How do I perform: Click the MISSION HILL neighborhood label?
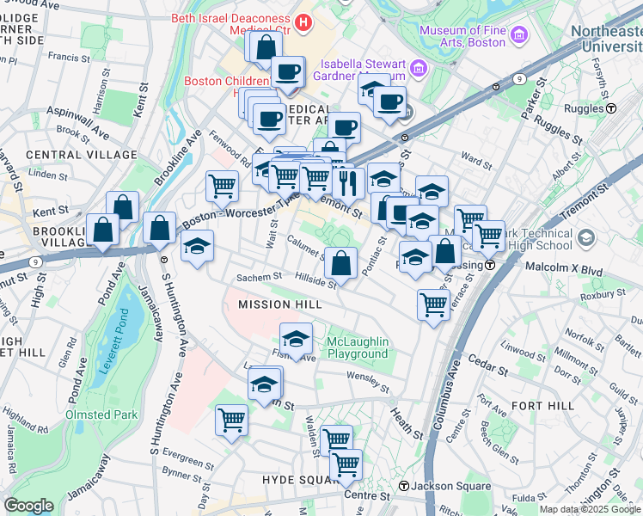[267, 304]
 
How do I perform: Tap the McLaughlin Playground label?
[358, 348]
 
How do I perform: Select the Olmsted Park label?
[100, 415]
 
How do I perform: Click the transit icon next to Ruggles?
[611, 109]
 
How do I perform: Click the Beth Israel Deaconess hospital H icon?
[302, 22]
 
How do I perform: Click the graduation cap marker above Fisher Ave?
[296, 338]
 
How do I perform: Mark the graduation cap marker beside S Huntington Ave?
[197, 246]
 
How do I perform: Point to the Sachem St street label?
[260, 277]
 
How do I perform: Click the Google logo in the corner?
[28, 506]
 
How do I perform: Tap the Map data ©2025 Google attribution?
[590, 509]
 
